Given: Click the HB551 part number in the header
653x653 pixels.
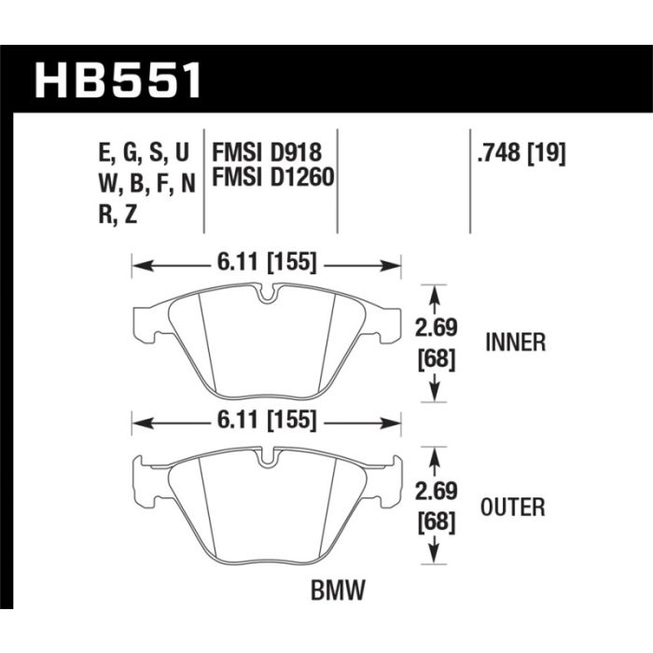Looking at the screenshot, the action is [118, 80].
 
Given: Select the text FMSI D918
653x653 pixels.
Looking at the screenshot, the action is [267, 152].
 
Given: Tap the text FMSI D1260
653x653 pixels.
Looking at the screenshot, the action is [273, 176].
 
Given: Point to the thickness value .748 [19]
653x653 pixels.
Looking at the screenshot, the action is [521, 154].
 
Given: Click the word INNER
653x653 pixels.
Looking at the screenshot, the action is [516, 342].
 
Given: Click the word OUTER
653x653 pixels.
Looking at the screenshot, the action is [513, 507].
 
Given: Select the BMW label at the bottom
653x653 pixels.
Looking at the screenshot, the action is [338, 590].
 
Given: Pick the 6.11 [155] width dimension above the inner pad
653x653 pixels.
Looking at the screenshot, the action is [267, 263].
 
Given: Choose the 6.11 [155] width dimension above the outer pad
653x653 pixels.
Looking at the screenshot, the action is [267, 421].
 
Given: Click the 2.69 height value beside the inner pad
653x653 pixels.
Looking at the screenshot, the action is [437, 327].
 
